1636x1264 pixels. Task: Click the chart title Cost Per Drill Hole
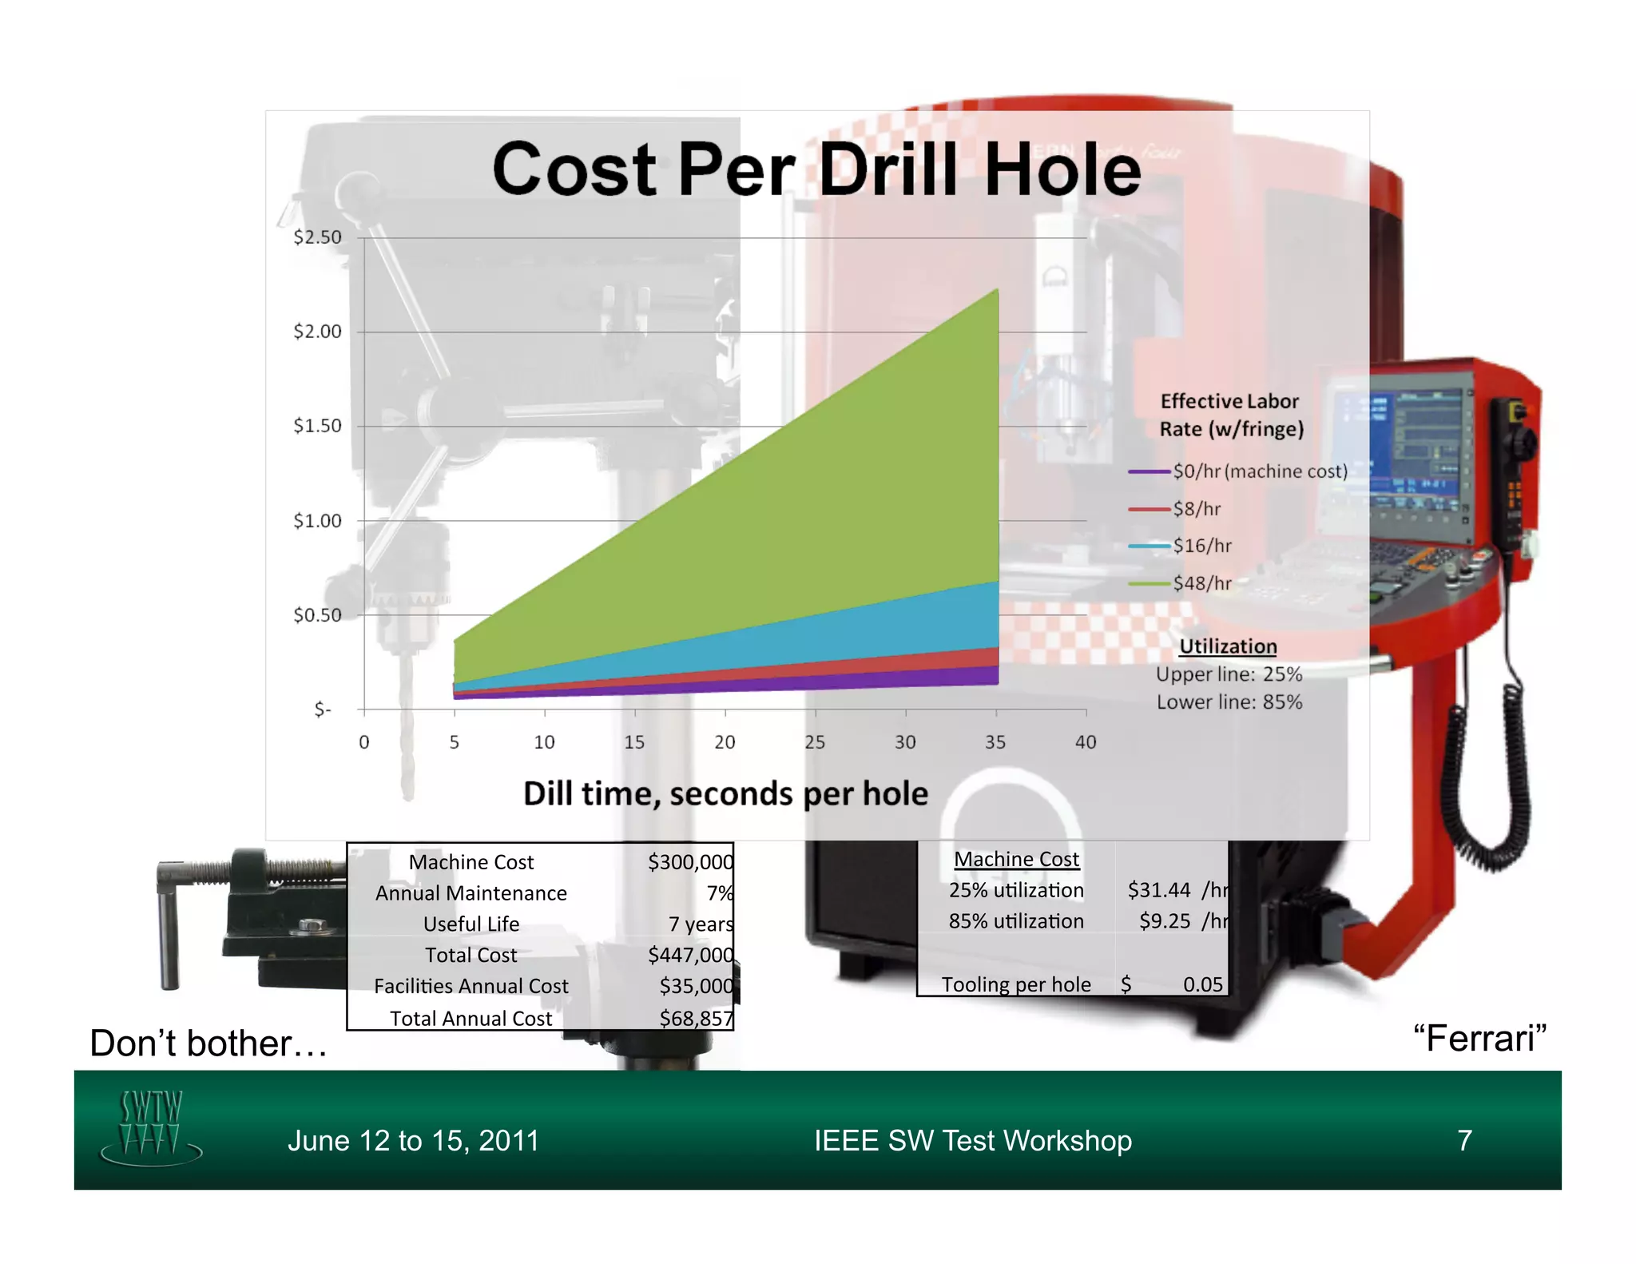point(816,169)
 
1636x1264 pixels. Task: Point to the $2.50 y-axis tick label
point(317,237)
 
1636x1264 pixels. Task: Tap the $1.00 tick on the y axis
point(317,521)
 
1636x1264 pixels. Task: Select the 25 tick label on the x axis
point(815,742)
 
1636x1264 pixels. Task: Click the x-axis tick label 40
point(1085,742)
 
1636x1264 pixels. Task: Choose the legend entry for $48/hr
point(1201,583)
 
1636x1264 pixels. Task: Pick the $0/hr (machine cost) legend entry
point(1259,471)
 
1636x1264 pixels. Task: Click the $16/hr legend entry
point(1201,546)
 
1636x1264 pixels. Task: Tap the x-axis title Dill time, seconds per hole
point(725,793)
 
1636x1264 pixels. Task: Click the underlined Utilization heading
point(1228,646)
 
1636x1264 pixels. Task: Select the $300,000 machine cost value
point(690,861)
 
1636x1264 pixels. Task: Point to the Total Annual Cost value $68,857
point(696,1018)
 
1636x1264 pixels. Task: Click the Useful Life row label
point(471,924)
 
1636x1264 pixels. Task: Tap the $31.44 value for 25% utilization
point(1158,889)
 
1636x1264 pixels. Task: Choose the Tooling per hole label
point(1016,984)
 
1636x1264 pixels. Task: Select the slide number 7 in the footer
point(1464,1140)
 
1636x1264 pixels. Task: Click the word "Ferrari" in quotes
point(1479,1038)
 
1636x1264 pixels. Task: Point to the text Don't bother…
point(208,1043)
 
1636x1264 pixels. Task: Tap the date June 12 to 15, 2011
point(413,1140)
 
